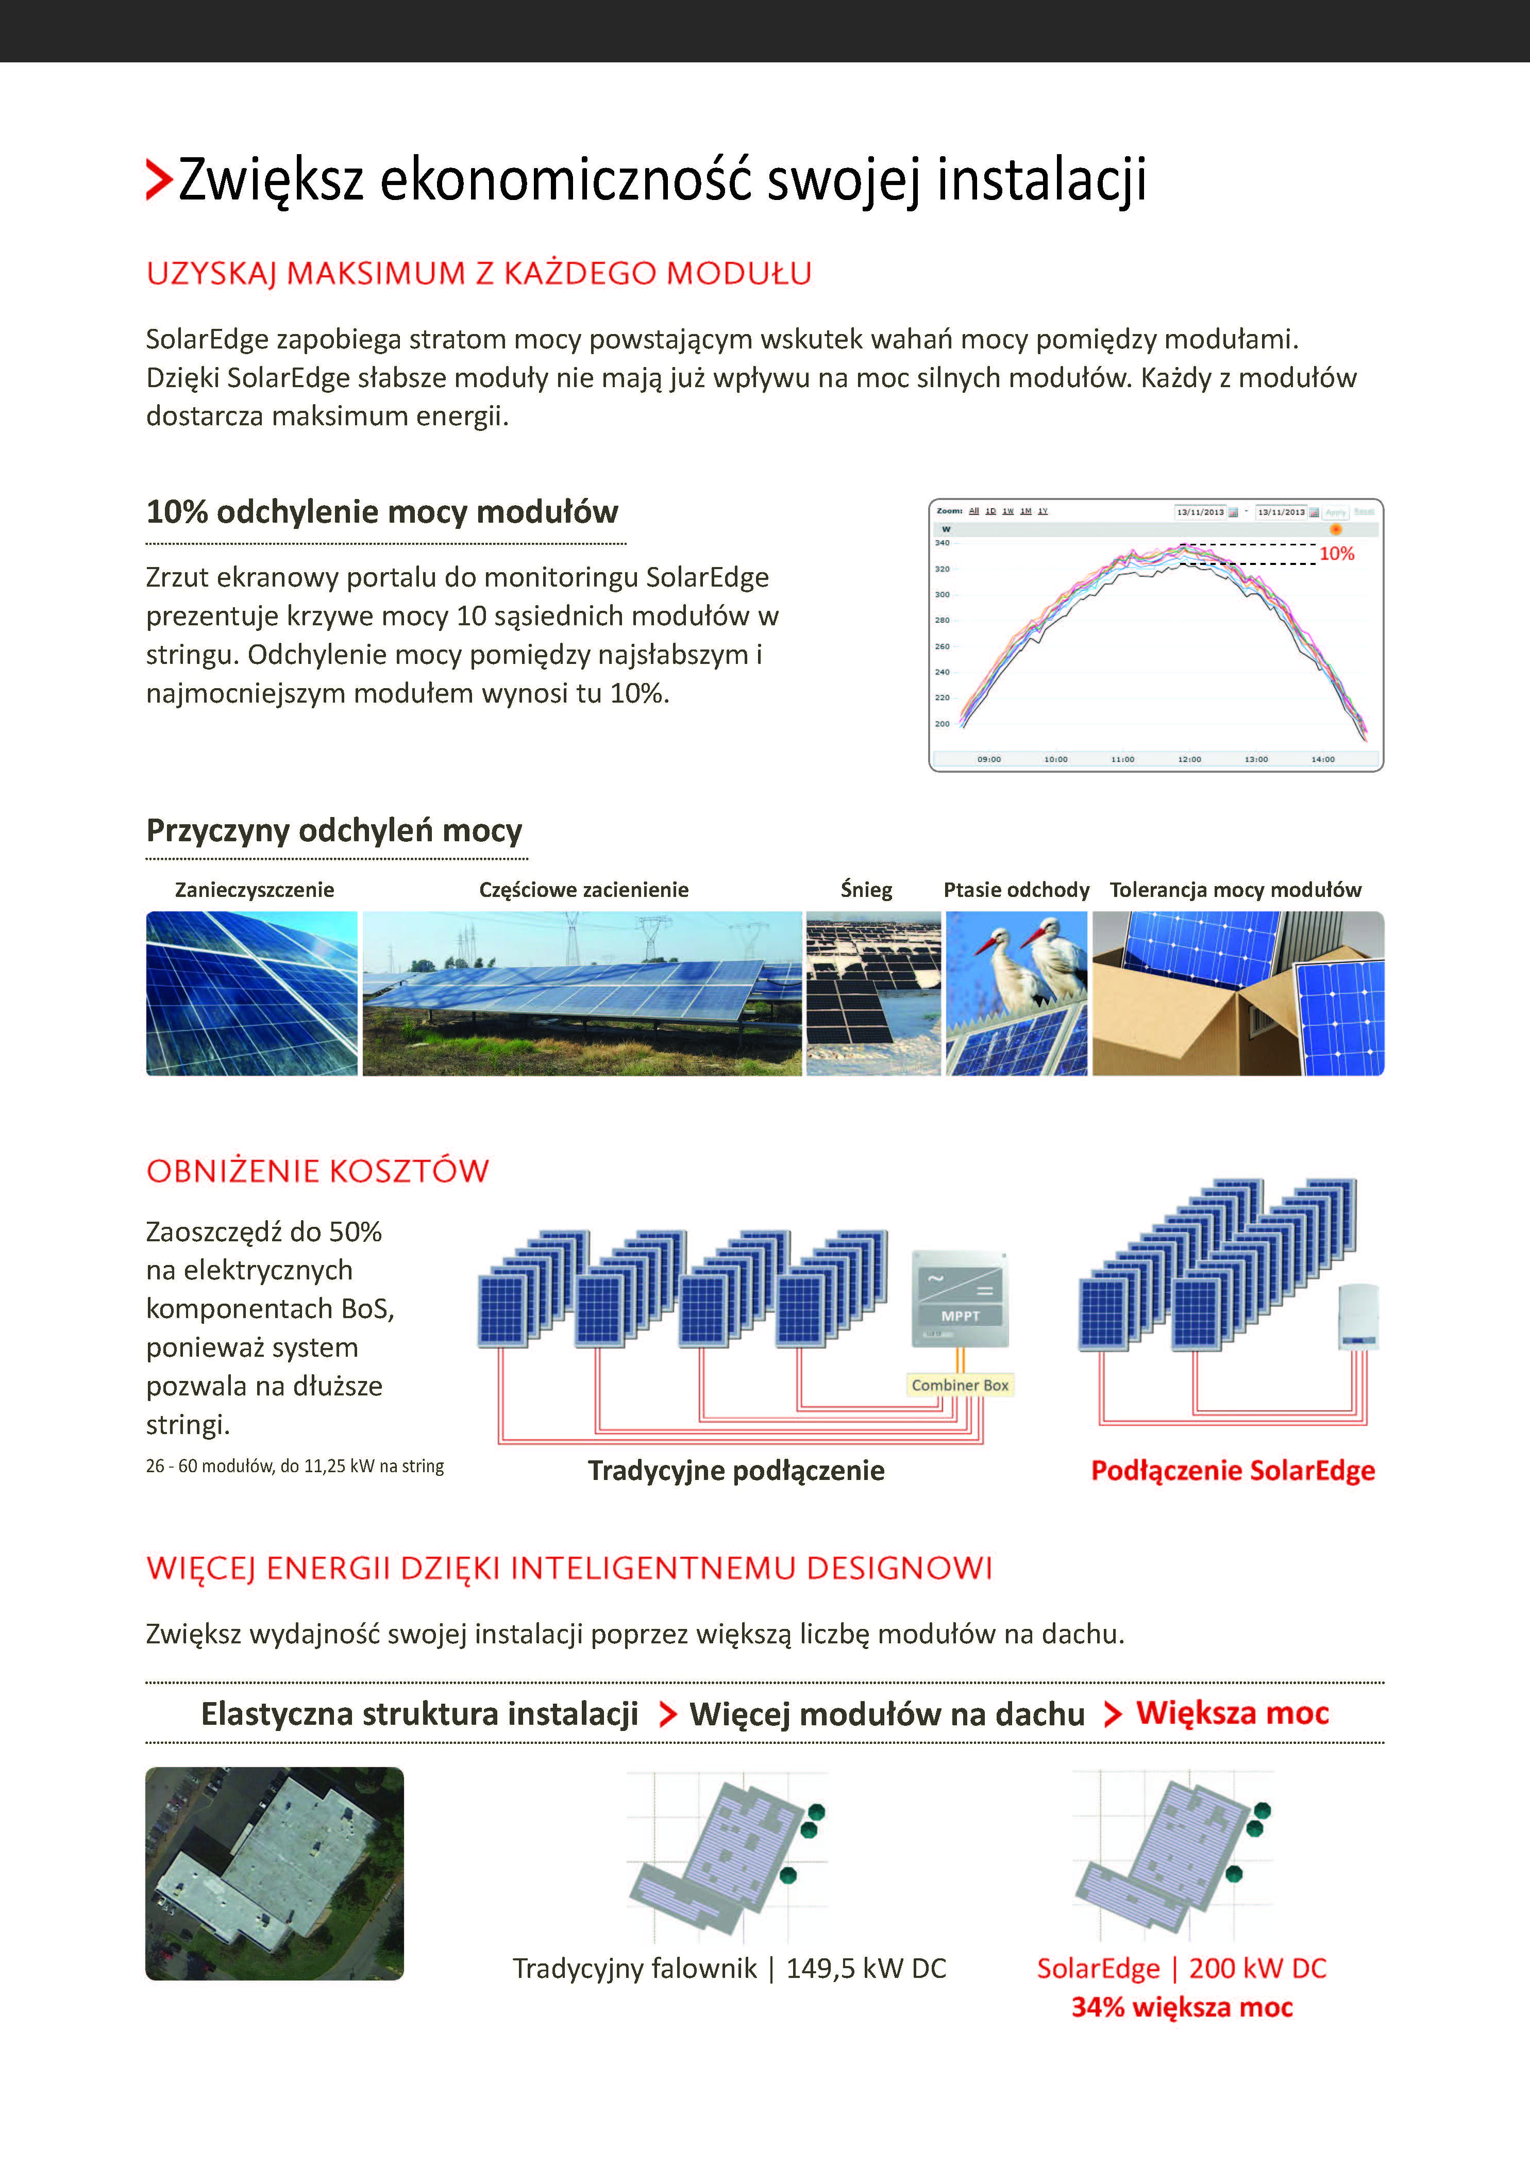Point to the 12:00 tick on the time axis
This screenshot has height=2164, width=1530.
(1189, 759)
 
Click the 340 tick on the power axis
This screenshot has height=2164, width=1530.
(942, 543)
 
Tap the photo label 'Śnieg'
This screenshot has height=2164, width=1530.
(866, 890)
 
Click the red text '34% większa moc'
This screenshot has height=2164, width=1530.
(1182, 2007)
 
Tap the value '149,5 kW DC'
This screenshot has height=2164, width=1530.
(866, 1968)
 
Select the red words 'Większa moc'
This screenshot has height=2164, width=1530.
(1232, 1712)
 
